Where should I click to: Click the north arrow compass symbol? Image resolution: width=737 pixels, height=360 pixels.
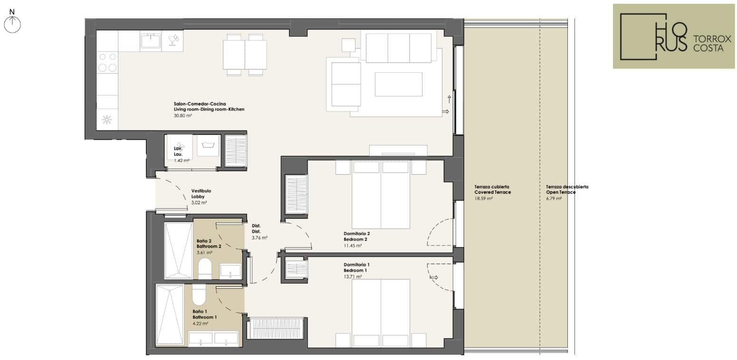(12, 24)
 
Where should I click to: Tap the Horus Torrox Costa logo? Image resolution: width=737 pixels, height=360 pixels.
(673, 36)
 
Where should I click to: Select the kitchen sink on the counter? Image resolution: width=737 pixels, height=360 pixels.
(150, 41)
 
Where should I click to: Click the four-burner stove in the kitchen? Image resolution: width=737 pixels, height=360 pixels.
(107, 62)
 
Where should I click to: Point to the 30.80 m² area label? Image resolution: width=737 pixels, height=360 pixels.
(182, 116)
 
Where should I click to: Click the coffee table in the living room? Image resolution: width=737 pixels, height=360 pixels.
(399, 84)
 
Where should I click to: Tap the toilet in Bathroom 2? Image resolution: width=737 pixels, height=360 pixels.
(205, 268)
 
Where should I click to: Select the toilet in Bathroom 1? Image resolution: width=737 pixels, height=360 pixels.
(199, 294)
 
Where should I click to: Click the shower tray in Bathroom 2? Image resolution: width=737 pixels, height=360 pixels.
(178, 250)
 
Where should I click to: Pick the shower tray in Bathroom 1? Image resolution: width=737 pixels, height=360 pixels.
(170, 315)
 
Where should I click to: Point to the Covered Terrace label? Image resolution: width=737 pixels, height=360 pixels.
(493, 192)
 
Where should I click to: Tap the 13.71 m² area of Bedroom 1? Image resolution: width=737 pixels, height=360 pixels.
(353, 277)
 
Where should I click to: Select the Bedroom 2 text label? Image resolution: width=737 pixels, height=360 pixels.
(355, 239)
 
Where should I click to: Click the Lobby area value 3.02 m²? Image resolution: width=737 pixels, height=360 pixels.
(199, 203)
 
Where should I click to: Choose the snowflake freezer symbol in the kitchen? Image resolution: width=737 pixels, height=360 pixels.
(106, 120)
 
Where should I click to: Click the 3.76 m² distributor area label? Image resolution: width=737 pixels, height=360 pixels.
(259, 237)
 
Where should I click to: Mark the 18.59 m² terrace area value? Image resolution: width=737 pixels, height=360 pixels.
(483, 199)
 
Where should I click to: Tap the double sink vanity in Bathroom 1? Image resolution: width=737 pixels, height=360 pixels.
(214, 339)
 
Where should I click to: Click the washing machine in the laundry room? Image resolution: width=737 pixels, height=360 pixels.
(208, 145)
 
